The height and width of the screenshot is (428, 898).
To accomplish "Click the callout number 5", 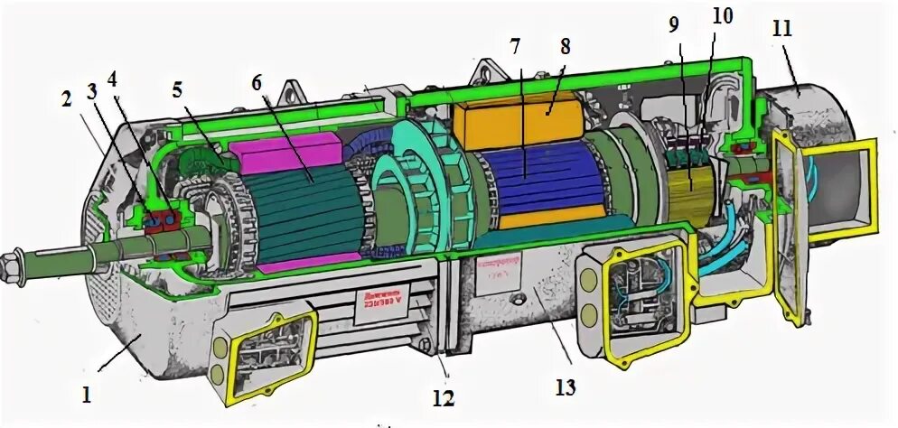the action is coord(178,88).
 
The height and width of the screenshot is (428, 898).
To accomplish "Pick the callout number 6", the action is coord(256,80).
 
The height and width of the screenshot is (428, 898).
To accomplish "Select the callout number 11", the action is coord(782,27).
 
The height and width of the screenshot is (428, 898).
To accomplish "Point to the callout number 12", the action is coord(443,397).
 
